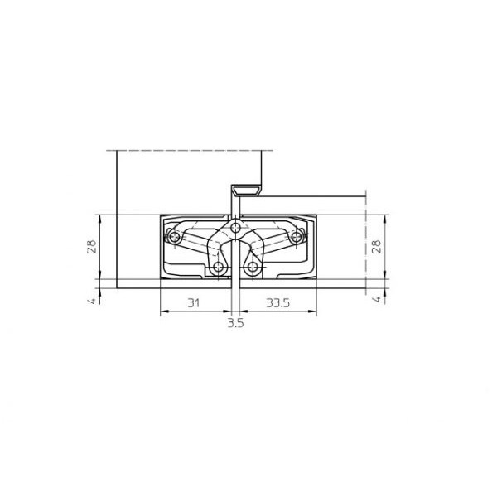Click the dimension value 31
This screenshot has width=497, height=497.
[192, 303]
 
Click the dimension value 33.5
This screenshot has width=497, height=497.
[277, 303]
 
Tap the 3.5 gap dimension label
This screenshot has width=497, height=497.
[235, 324]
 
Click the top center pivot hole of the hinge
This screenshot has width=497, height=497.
[236, 226]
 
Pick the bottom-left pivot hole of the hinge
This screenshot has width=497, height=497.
[219, 268]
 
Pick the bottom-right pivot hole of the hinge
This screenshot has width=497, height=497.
[253, 268]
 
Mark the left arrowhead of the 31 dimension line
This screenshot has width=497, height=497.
[161, 312]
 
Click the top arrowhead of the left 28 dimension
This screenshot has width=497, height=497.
[99, 217]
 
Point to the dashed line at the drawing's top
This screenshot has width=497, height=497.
[191, 150]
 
